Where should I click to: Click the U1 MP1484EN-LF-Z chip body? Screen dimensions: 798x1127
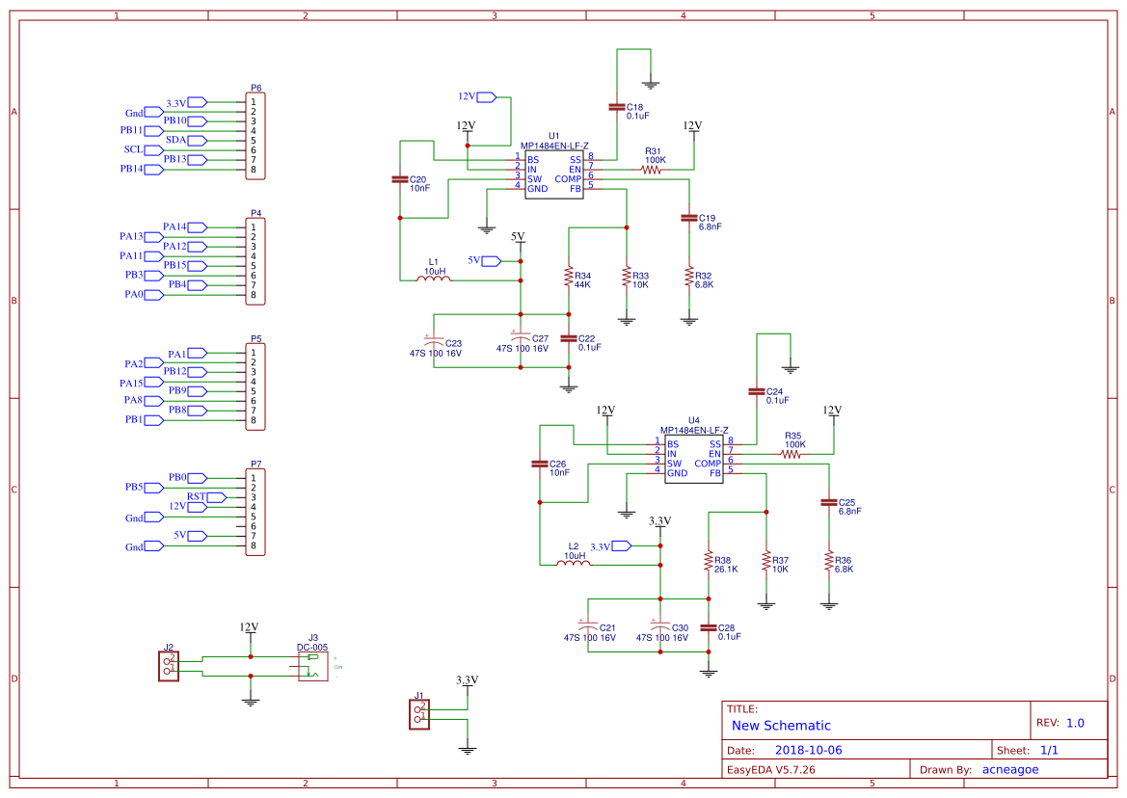coord(555,173)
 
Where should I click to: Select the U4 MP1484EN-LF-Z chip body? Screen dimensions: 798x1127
coord(690,459)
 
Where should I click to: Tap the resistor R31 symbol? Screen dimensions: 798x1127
coord(653,170)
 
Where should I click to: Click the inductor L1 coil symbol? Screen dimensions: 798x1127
coord(435,280)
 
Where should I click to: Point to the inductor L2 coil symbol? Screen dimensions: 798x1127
coord(574,565)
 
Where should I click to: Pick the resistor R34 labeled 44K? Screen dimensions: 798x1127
coord(569,277)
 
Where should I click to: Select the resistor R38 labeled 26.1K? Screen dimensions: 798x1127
coord(709,561)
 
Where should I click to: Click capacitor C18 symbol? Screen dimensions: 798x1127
coord(616,106)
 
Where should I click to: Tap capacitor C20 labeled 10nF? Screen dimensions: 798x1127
coord(399,179)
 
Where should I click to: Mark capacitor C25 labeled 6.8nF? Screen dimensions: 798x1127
coord(827,502)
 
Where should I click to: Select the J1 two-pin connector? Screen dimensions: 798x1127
coord(418,714)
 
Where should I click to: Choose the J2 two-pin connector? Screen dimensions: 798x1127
coord(168,666)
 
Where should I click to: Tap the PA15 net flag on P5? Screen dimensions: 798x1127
coord(154,383)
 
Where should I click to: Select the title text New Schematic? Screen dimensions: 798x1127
coord(781,726)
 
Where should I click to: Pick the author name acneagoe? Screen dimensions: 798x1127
coord(1009,769)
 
